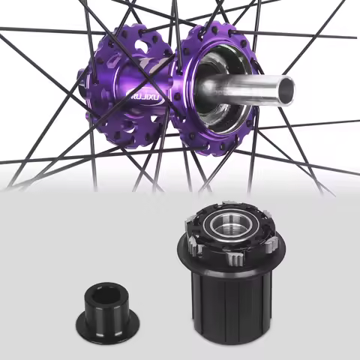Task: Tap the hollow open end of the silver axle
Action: (284, 91)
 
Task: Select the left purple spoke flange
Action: (120, 82)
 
